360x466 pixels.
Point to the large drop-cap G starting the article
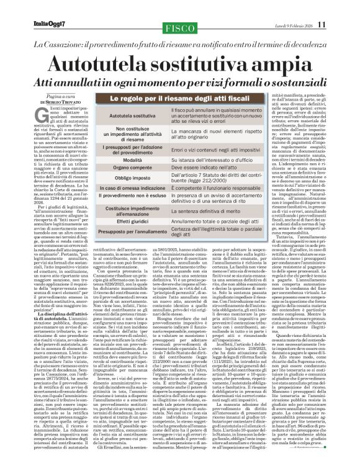pyautogui.click(x=44, y=112)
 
